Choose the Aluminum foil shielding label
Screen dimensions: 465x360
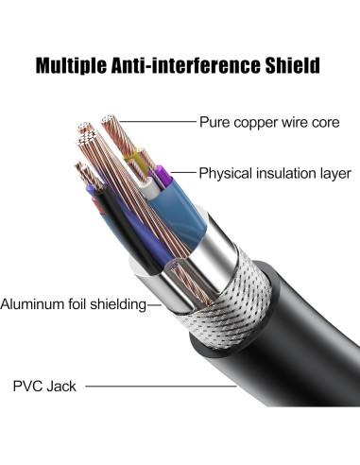tap(72, 304)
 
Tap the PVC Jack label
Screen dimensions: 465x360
tap(44, 386)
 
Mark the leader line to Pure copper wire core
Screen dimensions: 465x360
tap(157, 122)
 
